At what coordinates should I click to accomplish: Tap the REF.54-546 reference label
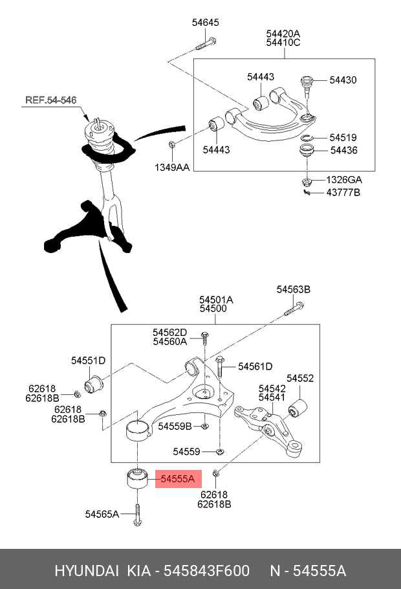coord(50,100)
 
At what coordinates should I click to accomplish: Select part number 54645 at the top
coord(205,23)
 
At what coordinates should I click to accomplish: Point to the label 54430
coord(342,80)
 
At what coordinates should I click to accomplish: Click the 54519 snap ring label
coord(342,138)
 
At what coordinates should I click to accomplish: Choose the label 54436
coord(343,151)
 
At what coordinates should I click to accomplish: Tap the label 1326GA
coord(343,179)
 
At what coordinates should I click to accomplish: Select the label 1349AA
coord(171,168)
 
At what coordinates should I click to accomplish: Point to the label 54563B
coord(294,289)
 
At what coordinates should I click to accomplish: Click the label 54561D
coord(255,366)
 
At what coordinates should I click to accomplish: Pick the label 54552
coord(300,378)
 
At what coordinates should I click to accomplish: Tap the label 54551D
coord(88,360)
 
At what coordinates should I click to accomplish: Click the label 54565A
coord(102,515)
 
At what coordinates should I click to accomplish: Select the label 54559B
coord(175,426)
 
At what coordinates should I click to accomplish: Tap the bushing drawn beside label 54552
coord(299,408)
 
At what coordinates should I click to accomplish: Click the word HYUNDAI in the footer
coord(86,571)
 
